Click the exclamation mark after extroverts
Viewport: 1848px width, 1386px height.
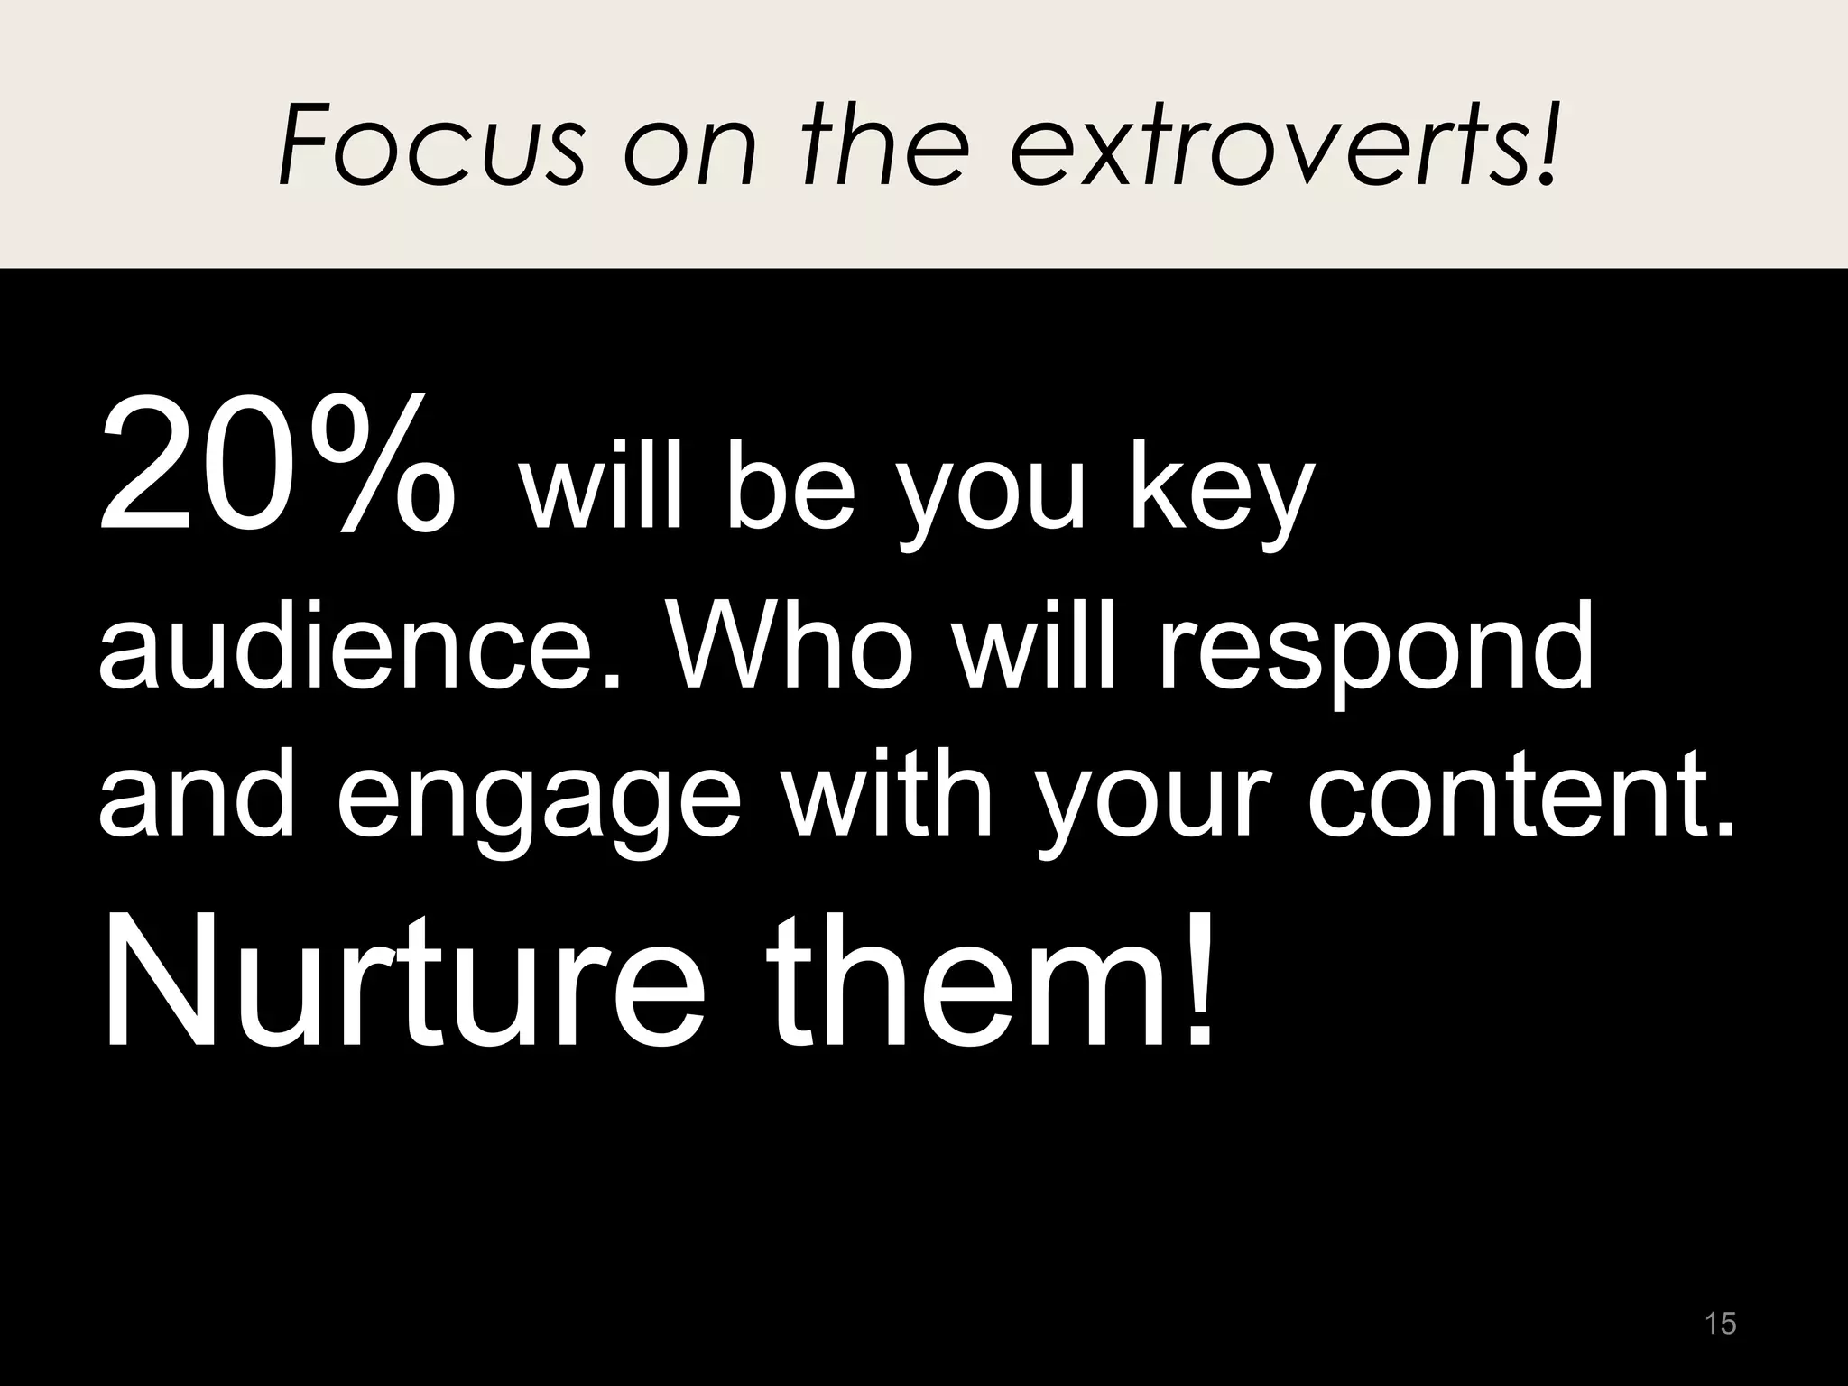(x=1545, y=144)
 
